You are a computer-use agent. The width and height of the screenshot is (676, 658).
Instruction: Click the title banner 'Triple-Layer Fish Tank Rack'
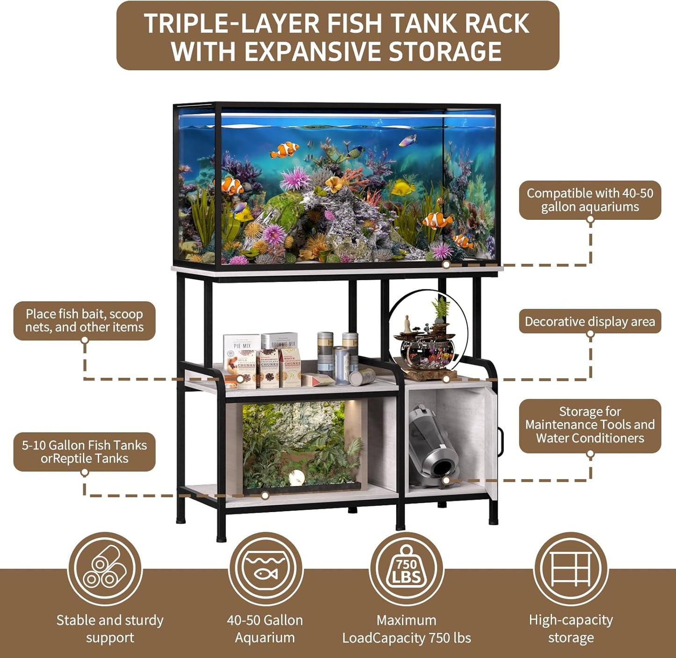pyautogui.click(x=337, y=36)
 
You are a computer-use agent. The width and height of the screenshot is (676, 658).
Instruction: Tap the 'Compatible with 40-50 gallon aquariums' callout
pyautogui.click(x=589, y=200)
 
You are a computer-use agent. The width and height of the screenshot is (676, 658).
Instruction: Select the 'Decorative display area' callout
pyautogui.click(x=589, y=321)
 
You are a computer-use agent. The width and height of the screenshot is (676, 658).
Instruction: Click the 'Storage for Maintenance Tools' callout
pyautogui.click(x=589, y=425)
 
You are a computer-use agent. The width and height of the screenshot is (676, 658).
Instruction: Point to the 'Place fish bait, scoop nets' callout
pyautogui.click(x=84, y=320)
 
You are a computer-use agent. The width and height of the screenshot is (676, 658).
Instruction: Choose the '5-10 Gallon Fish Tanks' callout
pyautogui.click(x=84, y=452)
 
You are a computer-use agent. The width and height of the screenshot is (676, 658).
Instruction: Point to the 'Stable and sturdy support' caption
pyautogui.click(x=110, y=629)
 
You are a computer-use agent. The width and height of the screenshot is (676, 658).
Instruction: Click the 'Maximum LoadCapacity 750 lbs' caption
pyautogui.click(x=406, y=629)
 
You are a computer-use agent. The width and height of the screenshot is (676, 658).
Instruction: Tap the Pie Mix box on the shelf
pyautogui.click(x=241, y=360)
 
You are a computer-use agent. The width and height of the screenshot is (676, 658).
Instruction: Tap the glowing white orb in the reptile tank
pyautogui.click(x=297, y=477)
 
